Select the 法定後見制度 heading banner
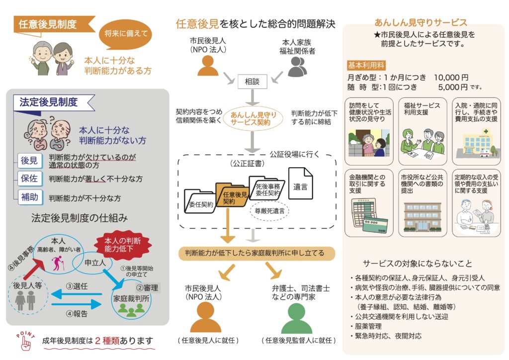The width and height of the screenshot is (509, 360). click(50, 102)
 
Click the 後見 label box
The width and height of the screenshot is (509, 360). click(29, 161)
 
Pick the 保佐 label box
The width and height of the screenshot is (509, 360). click(29, 178)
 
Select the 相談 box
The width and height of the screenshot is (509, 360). click(253, 82)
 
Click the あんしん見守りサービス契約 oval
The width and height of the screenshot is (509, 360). click(253, 119)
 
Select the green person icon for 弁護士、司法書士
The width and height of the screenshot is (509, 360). click(297, 319)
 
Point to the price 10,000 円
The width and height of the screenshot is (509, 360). click(451, 78)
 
